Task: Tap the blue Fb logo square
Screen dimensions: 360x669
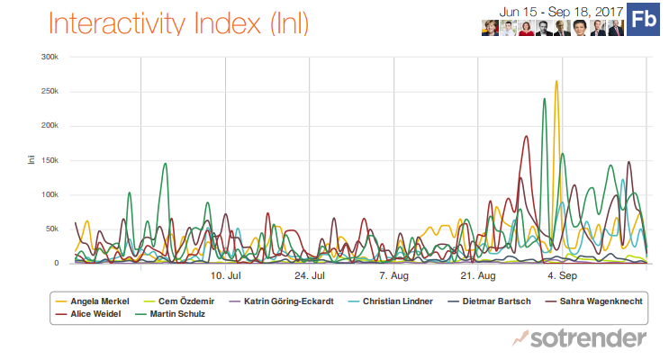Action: pos(642,19)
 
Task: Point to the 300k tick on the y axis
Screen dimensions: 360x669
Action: pos(50,57)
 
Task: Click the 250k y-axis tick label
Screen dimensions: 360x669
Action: pos(50,92)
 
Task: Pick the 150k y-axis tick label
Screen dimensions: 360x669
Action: pos(50,160)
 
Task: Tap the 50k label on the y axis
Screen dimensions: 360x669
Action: pos(52,229)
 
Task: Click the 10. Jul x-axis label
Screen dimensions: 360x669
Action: pos(225,275)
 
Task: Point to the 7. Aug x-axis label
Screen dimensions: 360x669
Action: pos(394,275)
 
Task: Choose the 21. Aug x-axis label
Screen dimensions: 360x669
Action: pos(478,275)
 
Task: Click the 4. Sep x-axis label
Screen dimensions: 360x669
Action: pos(563,275)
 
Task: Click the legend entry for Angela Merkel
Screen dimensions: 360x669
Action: pos(99,301)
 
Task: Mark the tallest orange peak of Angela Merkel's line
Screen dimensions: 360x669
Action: pos(556,82)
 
